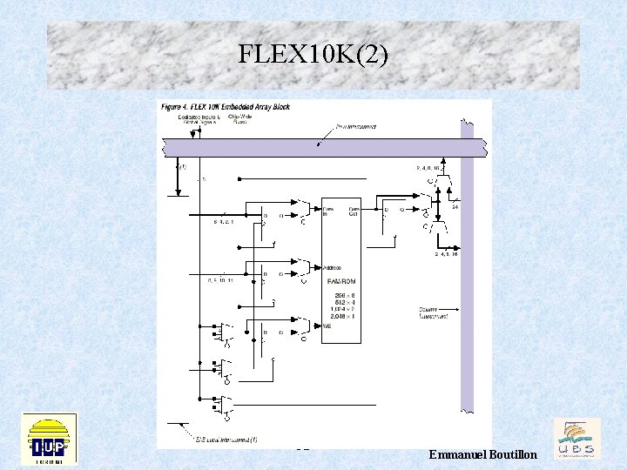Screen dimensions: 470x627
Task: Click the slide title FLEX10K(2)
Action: [313, 56]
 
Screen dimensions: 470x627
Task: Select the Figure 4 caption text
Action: [226, 107]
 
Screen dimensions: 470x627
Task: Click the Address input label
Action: [332, 267]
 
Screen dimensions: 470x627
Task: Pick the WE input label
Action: [327, 326]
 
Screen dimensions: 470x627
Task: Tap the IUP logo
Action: [49, 439]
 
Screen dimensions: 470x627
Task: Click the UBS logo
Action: [577, 439]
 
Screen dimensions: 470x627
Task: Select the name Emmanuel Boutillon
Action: [483, 455]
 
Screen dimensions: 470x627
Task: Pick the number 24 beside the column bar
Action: [455, 206]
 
